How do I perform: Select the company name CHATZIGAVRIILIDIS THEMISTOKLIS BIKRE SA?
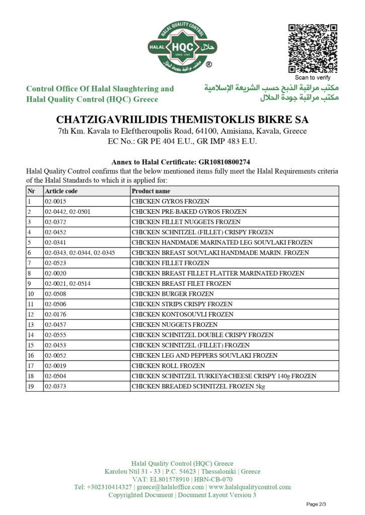point(182,120)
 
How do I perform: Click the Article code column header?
point(61,191)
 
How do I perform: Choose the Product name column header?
point(151,191)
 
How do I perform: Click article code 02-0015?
point(55,201)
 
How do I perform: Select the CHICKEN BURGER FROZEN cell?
point(166,294)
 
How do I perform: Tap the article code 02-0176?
point(55,314)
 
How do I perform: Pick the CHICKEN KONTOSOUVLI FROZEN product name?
point(176,314)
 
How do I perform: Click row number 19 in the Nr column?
point(31,386)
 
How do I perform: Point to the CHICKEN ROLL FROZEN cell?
point(162,366)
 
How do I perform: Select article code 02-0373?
point(55,386)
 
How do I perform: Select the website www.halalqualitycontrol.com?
point(250,487)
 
